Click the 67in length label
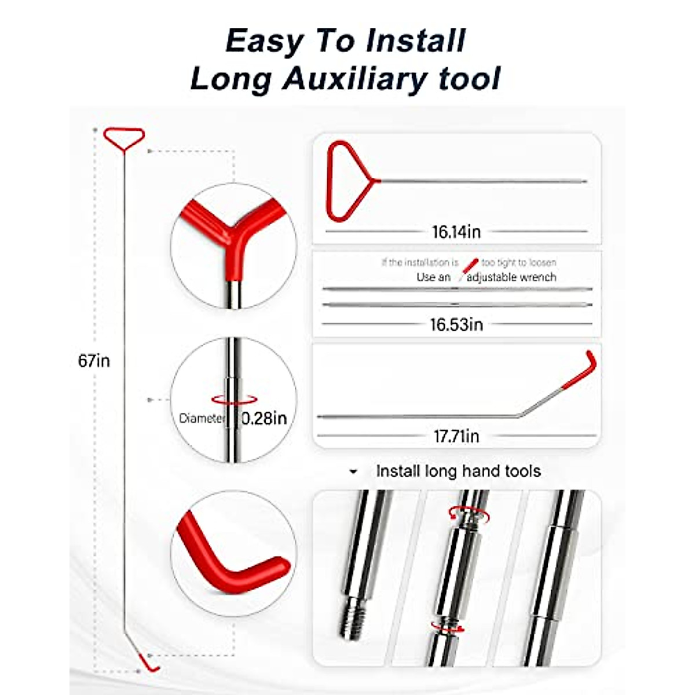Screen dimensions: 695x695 (x=94, y=361)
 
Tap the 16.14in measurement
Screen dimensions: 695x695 (x=456, y=232)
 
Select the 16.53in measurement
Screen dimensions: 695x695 (x=456, y=324)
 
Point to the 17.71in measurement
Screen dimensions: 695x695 (x=456, y=436)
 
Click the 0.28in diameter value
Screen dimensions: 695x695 (x=264, y=418)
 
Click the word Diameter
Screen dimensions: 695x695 (x=201, y=418)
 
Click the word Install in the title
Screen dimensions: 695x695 (x=416, y=41)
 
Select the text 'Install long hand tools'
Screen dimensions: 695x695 (x=458, y=471)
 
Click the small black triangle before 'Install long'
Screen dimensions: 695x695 (x=353, y=472)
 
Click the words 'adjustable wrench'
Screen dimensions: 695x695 (x=511, y=277)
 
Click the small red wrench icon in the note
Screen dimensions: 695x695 (x=471, y=266)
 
